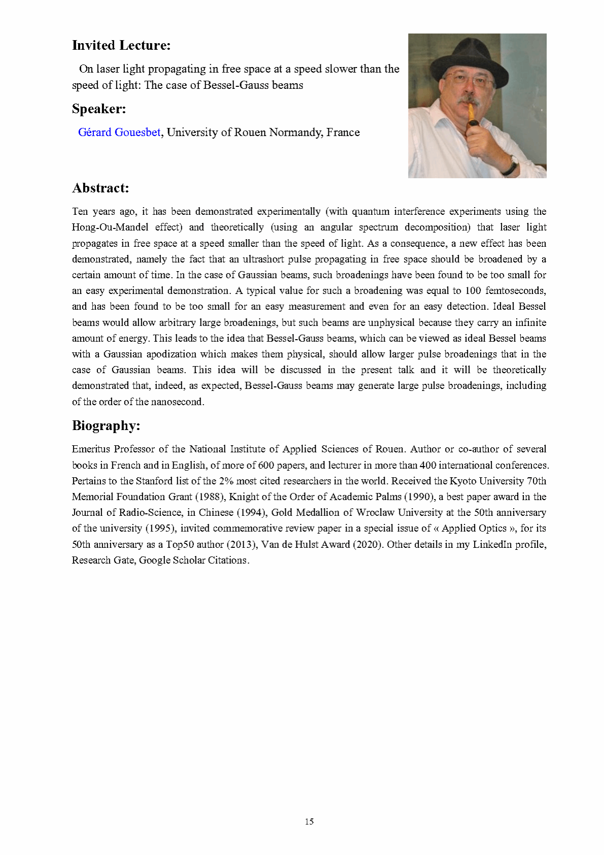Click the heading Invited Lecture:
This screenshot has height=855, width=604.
point(121,45)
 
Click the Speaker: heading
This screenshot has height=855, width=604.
point(99,109)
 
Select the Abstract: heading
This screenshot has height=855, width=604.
point(100,188)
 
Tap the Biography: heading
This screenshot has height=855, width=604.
point(106,425)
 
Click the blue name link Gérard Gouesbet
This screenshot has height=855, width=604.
point(119,133)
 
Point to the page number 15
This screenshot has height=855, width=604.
point(309,821)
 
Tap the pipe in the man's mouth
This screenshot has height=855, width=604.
point(473,116)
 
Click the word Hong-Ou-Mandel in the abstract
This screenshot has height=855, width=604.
point(110,227)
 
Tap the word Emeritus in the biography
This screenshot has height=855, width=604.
point(90,449)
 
